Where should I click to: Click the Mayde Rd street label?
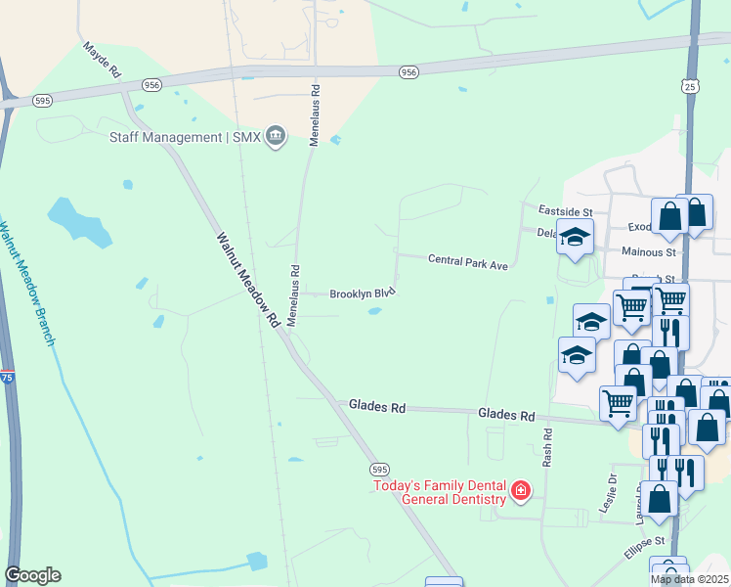(102, 60)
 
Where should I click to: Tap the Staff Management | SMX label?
(185, 137)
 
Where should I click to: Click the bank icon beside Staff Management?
(276, 136)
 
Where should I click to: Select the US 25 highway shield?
(690, 87)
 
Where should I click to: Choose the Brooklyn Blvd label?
(362, 293)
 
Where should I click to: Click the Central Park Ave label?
(468, 261)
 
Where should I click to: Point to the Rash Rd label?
(548, 445)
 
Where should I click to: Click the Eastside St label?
(566, 211)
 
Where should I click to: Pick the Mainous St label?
(649, 251)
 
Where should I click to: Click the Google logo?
(32, 574)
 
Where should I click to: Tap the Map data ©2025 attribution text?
(688, 579)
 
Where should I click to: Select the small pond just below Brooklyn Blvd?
(374, 312)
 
